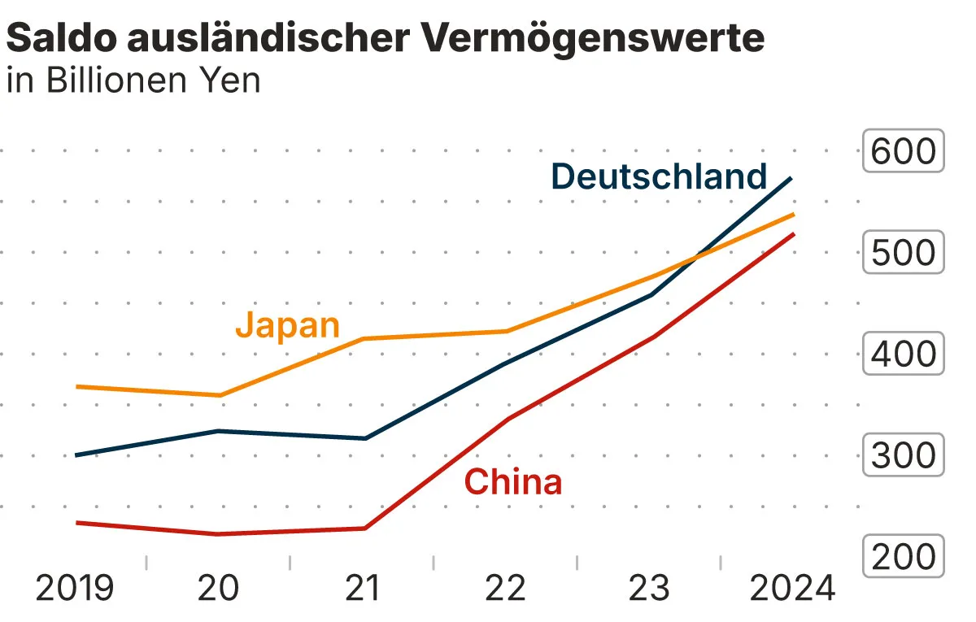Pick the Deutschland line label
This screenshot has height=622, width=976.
659,176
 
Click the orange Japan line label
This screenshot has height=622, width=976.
287,325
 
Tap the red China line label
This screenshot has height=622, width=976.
512,482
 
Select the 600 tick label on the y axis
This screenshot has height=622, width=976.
903,151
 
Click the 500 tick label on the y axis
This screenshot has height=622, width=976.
903,253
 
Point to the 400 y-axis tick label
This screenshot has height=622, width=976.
903,354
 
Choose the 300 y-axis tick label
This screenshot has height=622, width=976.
903,456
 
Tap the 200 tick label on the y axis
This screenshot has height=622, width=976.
903,557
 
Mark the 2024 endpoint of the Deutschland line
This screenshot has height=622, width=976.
792,177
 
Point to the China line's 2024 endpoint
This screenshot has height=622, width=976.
794,234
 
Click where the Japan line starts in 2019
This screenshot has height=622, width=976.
76,386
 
